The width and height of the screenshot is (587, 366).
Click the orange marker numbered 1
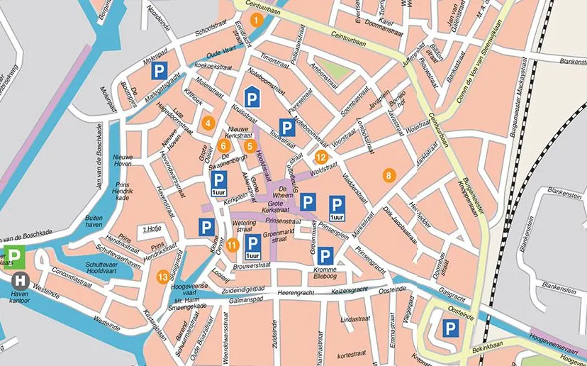point(257,20)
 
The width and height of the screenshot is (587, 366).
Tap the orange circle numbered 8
point(388,174)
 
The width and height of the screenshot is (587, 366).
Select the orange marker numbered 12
point(321,157)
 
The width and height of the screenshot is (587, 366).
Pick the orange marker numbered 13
point(163,276)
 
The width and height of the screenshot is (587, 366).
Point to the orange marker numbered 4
point(207,122)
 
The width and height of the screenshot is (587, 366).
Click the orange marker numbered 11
point(232,245)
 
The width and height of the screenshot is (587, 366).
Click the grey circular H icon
point(19,280)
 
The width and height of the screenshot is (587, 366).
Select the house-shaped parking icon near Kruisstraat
point(251,99)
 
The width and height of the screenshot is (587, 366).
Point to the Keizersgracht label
point(350,289)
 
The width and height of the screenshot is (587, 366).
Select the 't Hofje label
point(152,229)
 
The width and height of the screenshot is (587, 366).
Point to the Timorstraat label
point(275,57)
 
